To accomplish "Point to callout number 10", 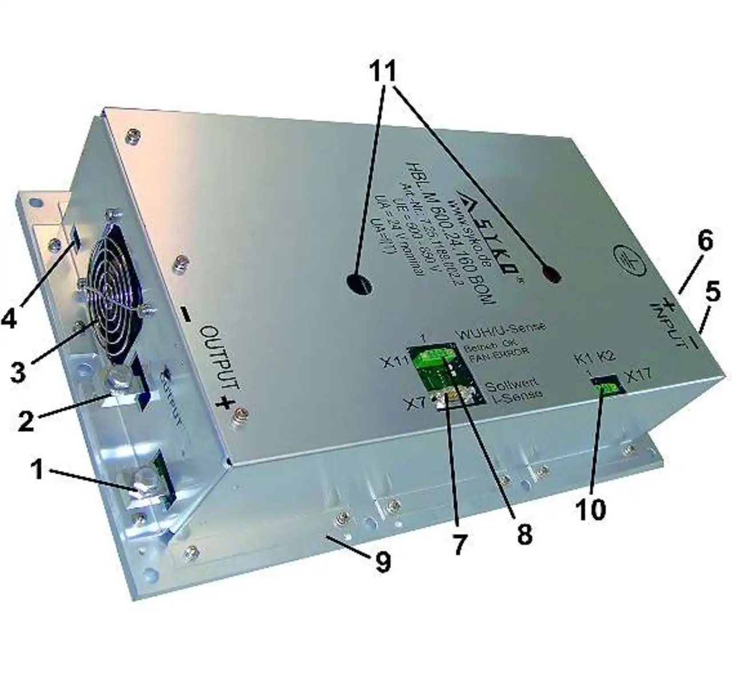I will click(x=591, y=507).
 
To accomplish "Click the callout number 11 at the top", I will click(x=391, y=73).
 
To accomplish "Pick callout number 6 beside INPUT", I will click(x=705, y=241).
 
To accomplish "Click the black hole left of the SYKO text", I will click(x=360, y=282).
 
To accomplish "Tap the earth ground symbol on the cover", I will click(x=626, y=256).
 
